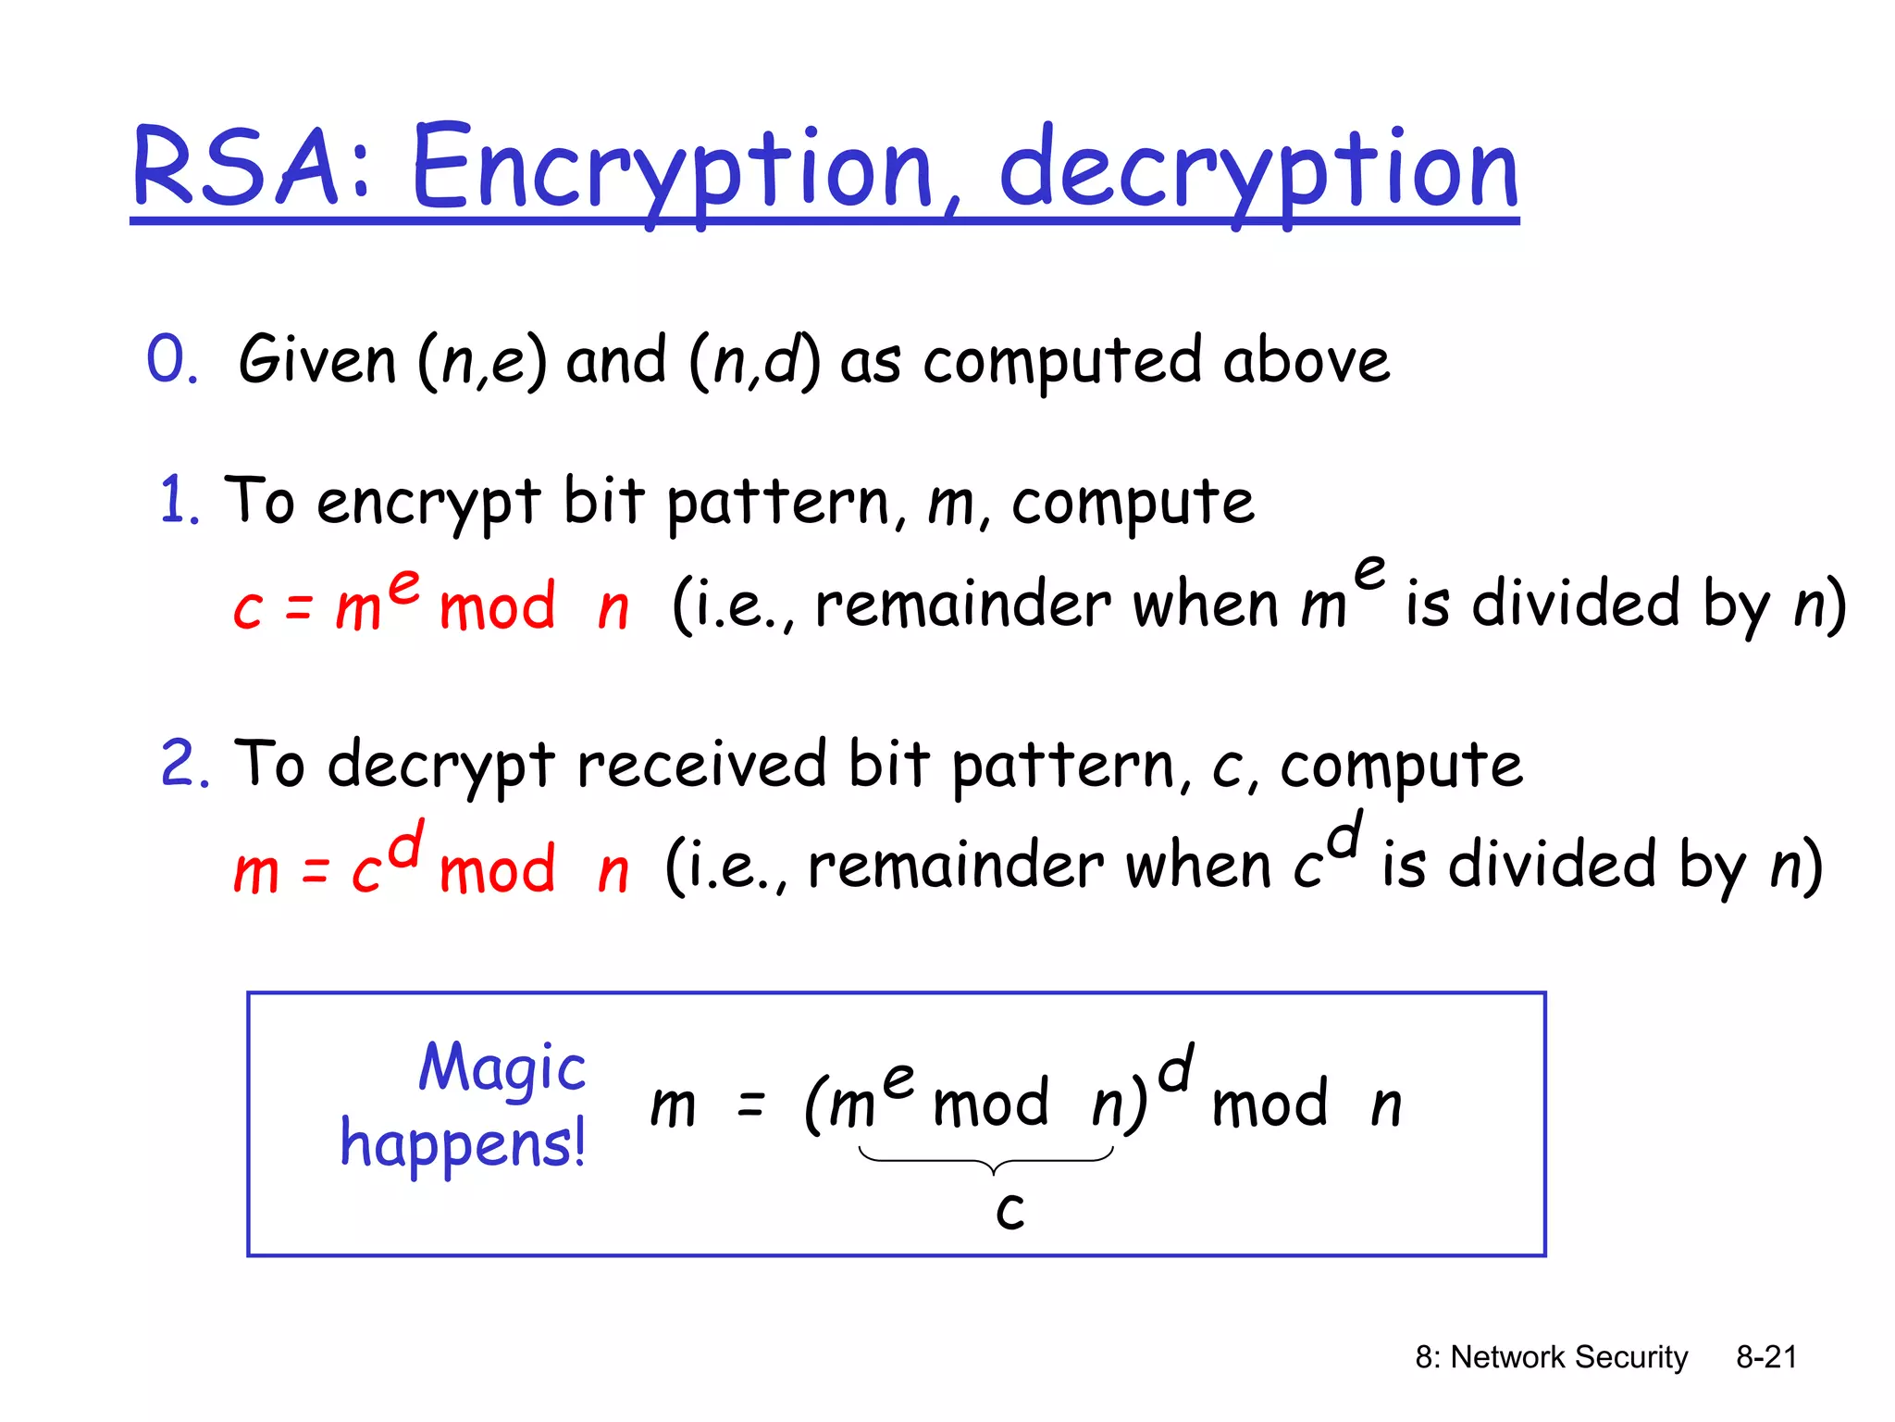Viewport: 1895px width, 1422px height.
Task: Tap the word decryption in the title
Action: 1258,172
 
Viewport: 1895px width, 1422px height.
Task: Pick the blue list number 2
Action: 184,764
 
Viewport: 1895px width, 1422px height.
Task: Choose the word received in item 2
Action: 700,764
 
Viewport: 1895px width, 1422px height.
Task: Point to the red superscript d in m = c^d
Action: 406,843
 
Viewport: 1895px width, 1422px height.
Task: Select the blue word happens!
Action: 463,1144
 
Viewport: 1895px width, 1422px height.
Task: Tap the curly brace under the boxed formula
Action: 987,1158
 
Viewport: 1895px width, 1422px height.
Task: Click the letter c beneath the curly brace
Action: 1010,1210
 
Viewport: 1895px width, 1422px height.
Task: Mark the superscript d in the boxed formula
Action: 1176,1067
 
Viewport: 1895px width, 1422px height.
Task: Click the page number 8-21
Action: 1765,1357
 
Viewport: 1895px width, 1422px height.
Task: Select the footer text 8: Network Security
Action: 1551,1357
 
